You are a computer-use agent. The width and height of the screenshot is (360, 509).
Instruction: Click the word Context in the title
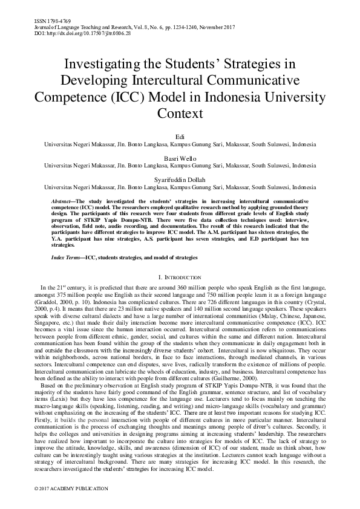180,113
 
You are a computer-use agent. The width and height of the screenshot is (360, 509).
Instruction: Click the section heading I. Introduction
180,277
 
